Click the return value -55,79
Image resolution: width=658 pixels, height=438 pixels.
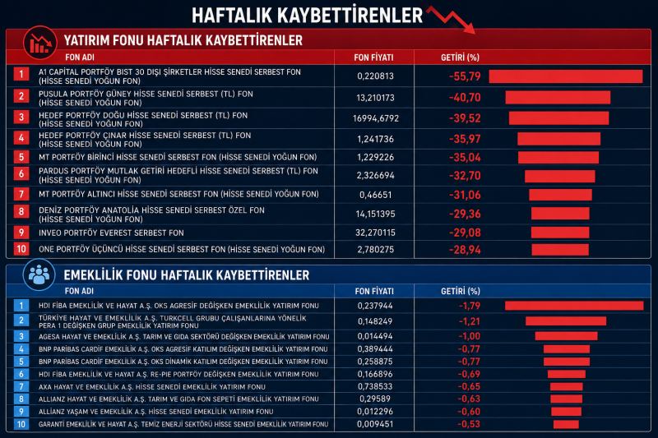coord(465,76)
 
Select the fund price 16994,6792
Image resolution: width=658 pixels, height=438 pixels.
coord(376,118)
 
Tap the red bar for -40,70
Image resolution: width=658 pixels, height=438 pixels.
coord(558,97)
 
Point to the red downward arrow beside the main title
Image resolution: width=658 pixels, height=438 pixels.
coord(451,19)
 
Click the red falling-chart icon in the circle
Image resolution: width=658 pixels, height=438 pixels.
coord(40,43)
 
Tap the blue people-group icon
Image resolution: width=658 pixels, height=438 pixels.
coord(39,275)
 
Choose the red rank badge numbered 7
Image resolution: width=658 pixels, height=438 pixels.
coord(21,194)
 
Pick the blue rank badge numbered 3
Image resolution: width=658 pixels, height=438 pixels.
coord(21,336)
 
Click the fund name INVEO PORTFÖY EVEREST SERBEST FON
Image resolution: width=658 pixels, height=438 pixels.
coord(111,233)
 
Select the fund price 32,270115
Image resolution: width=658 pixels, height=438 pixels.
coord(376,233)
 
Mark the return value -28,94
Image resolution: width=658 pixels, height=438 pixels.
coord(465,250)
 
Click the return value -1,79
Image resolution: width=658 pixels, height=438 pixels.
coord(470,306)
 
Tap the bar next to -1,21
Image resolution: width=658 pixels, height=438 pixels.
coord(566,321)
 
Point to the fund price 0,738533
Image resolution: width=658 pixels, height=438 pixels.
coord(375,386)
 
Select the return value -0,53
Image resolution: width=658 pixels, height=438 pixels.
coord(469,424)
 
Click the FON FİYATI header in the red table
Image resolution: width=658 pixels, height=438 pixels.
coord(373,58)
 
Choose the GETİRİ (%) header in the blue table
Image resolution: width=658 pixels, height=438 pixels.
coord(461,291)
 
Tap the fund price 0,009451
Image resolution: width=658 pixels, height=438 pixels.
coord(375,424)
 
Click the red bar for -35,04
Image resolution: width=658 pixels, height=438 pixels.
coord(558,158)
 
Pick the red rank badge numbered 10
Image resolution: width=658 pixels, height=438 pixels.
coord(21,249)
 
